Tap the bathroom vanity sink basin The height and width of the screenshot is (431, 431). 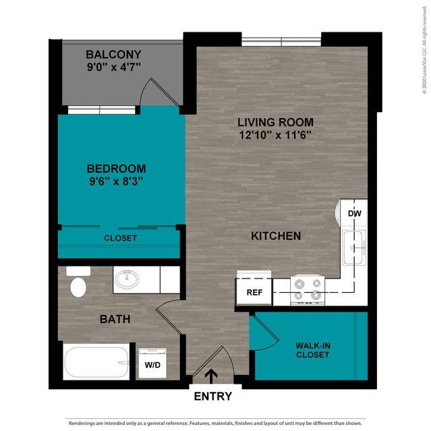pyautogui.click(x=127, y=279)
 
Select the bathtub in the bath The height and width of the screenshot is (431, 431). pyautogui.click(x=96, y=362)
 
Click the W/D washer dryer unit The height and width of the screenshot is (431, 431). pyautogui.click(x=152, y=364)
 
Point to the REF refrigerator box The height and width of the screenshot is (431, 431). pyautogui.click(x=254, y=292)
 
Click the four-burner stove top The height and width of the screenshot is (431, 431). pyautogui.click(x=308, y=290)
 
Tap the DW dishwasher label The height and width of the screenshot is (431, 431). pyautogui.click(x=355, y=213)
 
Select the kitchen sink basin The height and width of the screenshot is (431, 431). pyautogui.click(x=353, y=248)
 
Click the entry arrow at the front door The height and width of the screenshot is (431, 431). pyautogui.click(x=211, y=376)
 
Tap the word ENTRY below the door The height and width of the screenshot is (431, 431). pyautogui.click(x=213, y=396)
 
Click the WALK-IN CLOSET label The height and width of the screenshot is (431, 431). pyautogui.click(x=313, y=350)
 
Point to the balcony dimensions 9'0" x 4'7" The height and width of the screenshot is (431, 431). pyautogui.click(x=114, y=67)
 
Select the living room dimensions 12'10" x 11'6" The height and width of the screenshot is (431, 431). pyautogui.click(x=275, y=135)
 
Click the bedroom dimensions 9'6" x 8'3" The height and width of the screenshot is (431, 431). pyautogui.click(x=116, y=181)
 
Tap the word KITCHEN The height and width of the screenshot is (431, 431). pyautogui.click(x=276, y=236)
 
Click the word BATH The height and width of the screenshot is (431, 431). pyautogui.click(x=115, y=319)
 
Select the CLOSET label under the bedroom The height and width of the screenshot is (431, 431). pyautogui.click(x=120, y=238)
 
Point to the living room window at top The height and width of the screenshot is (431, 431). pyautogui.click(x=281, y=42)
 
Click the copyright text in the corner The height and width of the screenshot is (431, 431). pyautogui.click(x=424, y=50)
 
